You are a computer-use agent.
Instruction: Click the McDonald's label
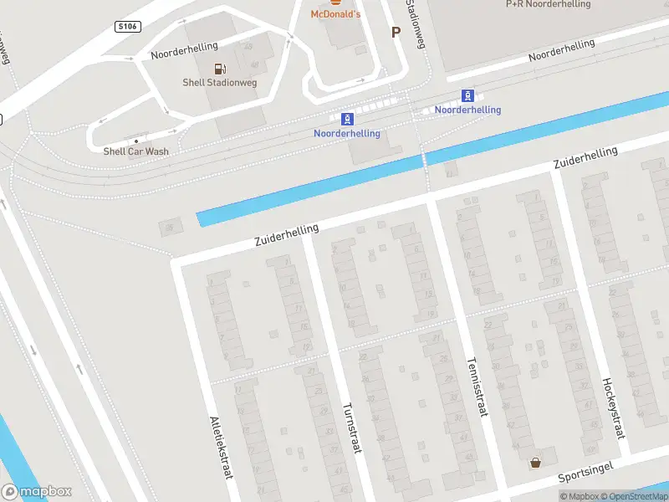click(x=335, y=14)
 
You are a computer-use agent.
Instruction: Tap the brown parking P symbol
click(x=396, y=32)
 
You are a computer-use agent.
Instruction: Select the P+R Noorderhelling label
click(x=549, y=4)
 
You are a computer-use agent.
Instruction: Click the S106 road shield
click(x=126, y=28)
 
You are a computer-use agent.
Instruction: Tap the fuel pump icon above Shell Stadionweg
click(x=219, y=69)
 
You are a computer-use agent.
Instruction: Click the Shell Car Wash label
click(x=135, y=151)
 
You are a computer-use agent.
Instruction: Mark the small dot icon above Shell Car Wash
click(x=136, y=141)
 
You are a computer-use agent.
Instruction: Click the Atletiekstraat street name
click(x=221, y=448)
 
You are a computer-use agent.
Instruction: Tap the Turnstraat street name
click(x=351, y=428)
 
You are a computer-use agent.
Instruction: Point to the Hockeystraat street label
click(x=613, y=408)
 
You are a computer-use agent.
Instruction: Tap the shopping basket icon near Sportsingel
click(x=535, y=462)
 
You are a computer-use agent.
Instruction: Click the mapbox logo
click(x=37, y=492)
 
